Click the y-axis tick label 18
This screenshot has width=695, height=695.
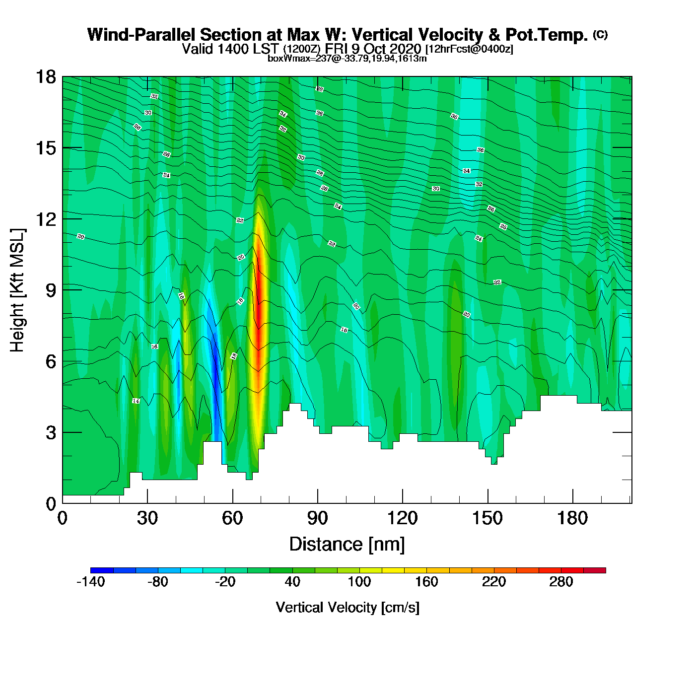coord(45,77)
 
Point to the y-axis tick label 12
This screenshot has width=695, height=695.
coord(45,219)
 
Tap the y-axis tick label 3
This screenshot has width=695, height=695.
coord(51,432)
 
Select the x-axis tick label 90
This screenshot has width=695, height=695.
coord(318,518)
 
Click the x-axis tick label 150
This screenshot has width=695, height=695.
coord(487,518)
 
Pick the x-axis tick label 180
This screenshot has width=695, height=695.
coord(572,518)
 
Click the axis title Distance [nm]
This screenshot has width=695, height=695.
coord(347,544)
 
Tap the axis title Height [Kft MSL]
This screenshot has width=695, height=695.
coord(17,290)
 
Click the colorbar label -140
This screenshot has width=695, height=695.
coord(91,582)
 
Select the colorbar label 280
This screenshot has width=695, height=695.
coord(561,582)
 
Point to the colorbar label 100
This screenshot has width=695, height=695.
coord(359,582)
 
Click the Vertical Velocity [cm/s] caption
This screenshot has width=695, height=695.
coord(347,607)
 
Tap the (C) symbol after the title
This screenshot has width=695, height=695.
coord(600,34)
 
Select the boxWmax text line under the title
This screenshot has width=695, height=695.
coord(347,59)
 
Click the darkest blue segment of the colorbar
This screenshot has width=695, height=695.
coord(102,570)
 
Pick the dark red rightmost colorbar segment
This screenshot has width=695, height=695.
coord(595,570)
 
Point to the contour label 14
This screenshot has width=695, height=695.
coord(136,401)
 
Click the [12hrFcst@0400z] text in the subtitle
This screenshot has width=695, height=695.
coord(469,49)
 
